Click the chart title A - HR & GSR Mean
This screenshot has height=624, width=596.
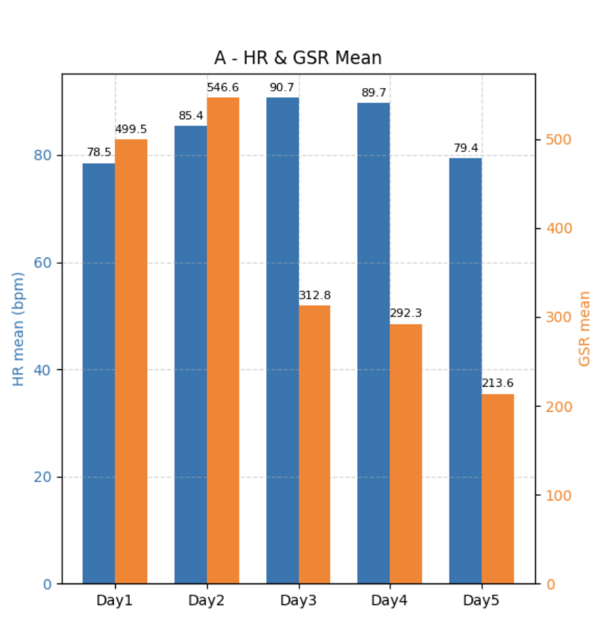298,57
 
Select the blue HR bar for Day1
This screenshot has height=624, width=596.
98,373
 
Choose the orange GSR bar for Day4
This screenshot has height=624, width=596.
405,454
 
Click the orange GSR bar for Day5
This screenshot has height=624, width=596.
498,489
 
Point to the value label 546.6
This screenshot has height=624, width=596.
223,88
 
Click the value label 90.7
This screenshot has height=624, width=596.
283,88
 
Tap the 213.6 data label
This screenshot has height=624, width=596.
498,385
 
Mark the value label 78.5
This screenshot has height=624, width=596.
98,153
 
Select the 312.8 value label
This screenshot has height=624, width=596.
315,295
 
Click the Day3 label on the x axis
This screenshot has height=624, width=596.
299,600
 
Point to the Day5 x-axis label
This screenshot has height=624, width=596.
482,600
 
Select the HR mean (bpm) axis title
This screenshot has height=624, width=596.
19,329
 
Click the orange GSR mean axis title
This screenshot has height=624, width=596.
585,329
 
